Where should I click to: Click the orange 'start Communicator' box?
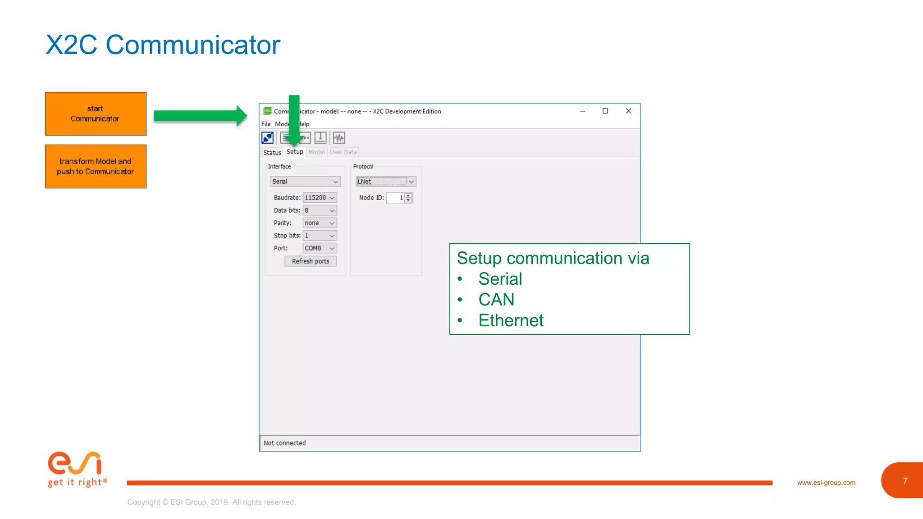96,114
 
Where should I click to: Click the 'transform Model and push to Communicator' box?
96,166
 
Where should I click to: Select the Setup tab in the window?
295,152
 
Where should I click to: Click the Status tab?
272,152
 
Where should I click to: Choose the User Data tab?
343,152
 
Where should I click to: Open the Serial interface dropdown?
305,182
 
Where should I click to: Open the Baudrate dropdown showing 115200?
320,198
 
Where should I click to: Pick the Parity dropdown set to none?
320,223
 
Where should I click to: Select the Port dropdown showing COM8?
320,248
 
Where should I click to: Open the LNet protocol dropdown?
386,182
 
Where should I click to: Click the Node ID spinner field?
395,198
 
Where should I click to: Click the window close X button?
628,111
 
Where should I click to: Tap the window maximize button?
605,111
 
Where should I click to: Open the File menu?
266,124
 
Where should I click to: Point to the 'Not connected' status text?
284,443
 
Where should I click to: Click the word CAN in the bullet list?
496,300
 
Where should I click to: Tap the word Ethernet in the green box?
511,320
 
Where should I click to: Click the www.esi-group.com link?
826,483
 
